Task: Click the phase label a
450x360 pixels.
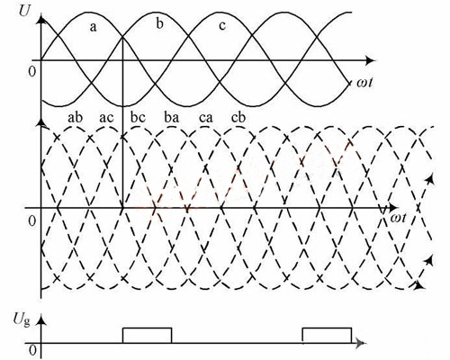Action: (x=94, y=27)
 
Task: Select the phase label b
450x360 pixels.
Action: (x=159, y=23)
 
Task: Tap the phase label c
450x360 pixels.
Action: (x=222, y=26)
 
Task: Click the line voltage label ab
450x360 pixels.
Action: (x=75, y=117)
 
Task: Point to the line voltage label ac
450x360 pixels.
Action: (x=106, y=118)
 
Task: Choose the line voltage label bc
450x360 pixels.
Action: (x=138, y=117)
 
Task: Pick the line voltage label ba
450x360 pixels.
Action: (x=172, y=117)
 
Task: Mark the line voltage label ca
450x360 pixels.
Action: (x=206, y=118)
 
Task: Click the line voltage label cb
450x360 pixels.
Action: (x=238, y=117)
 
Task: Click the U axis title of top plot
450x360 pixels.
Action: (x=24, y=11)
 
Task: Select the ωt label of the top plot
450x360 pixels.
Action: (x=364, y=82)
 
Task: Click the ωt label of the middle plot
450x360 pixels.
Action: (x=398, y=218)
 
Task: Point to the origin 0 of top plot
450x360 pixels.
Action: (x=31, y=72)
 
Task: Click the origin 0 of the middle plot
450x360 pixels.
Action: (x=31, y=221)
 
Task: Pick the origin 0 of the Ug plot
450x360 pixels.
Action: (x=33, y=350)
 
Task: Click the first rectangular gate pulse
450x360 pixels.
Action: (x=147, y=328)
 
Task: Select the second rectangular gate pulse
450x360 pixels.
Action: (x=327, y=328)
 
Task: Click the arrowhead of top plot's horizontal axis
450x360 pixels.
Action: (x=370, y=60)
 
